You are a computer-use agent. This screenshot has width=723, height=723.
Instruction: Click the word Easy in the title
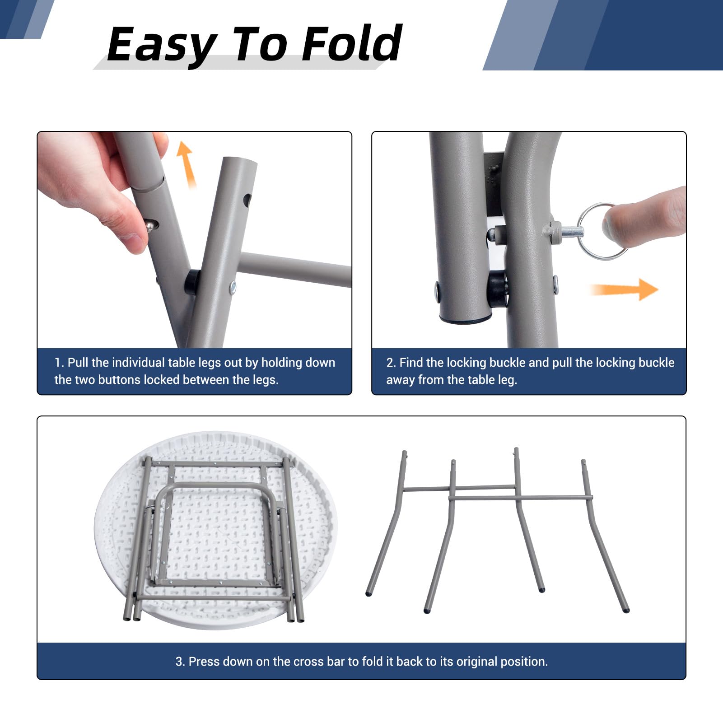(162, 45)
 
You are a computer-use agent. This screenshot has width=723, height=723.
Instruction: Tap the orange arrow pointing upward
(186, 164)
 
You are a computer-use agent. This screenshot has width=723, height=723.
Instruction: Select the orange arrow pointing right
(625, 289)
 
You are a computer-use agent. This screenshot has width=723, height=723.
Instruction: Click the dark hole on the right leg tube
(247, 200)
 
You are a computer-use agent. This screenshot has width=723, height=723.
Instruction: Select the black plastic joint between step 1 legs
(192, 282)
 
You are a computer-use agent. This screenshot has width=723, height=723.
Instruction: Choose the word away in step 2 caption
(401, 380)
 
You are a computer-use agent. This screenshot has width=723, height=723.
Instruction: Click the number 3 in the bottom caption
(179, 662)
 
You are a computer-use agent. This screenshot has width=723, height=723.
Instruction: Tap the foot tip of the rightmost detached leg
(626, 610)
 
